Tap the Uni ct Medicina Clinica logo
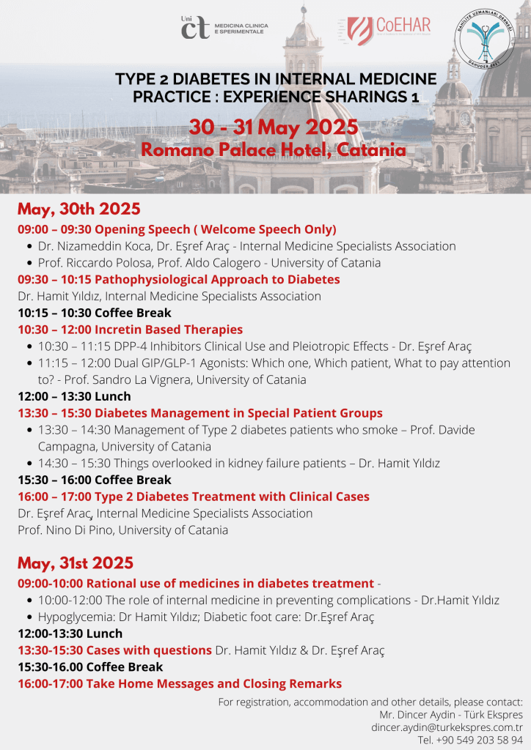pyautogui.click(x=224, y=28)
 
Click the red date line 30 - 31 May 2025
pyautogui.click(x=274, y=127)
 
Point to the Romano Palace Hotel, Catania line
pyautogui.click(x=274, y=150)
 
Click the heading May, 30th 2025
pyautogui.click(x=79, y=209)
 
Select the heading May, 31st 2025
pyautogui.click(x=76, y=563)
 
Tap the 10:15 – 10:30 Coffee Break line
pyautogui.click(x=95, y=313)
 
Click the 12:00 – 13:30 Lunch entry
pyautogui.click(x=74, y=396)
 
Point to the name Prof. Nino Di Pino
pyautogui.click(x=67, y=530)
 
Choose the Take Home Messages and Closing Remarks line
pyautogui.click(x=180, y=683)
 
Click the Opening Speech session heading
pyautogui.click(x=177, y=229)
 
